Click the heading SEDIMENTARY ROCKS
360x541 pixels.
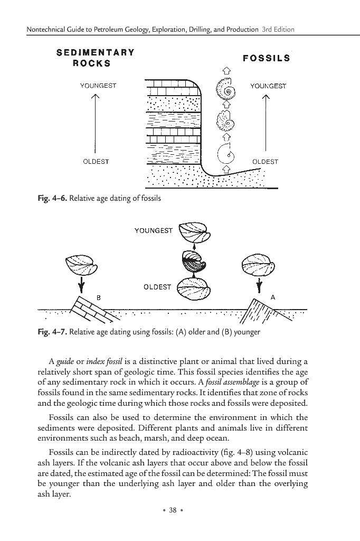coord(95,58)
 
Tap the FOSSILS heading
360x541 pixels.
coord(266,58)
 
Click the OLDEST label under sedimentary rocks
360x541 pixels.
coord(96,162)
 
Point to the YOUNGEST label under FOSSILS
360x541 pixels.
coord(268,86)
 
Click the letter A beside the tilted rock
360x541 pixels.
coord(272,298)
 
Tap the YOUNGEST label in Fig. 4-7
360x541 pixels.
coord(154,231)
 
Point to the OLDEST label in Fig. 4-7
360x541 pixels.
coord(157,287)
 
